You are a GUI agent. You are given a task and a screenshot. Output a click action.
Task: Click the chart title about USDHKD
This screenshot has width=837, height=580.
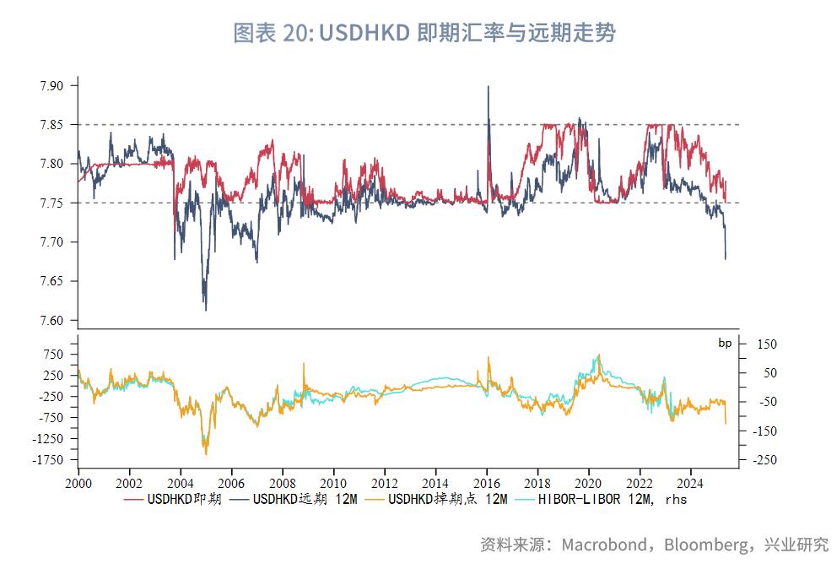[424, 33]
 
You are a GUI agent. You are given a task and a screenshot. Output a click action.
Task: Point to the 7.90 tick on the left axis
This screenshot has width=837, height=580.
[51, 85]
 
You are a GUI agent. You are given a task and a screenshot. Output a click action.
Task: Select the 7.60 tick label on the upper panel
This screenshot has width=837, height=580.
[51, 321]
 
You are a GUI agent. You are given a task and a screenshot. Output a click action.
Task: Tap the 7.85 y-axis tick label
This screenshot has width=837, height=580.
[51, 125]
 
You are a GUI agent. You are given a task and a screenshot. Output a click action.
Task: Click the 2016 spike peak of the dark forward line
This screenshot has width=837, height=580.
[489, 86]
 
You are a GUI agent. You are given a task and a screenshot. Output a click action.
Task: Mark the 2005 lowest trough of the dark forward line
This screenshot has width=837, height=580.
[206, 310]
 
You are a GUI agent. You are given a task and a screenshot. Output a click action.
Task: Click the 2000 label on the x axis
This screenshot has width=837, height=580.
[78, 484]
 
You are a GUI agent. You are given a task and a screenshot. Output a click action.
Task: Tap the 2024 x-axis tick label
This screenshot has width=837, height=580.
[691, 484]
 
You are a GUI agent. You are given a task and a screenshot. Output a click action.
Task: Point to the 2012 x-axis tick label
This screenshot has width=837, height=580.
[385, 484]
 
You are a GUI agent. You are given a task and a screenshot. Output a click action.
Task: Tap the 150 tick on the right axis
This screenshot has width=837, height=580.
[767, 344]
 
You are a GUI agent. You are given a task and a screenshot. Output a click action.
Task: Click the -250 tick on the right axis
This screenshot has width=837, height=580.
[767, 460]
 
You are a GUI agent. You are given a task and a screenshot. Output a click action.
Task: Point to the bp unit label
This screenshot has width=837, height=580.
[725, 343]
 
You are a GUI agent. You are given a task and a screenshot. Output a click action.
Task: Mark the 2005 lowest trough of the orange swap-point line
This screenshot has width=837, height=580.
[206, 454]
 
